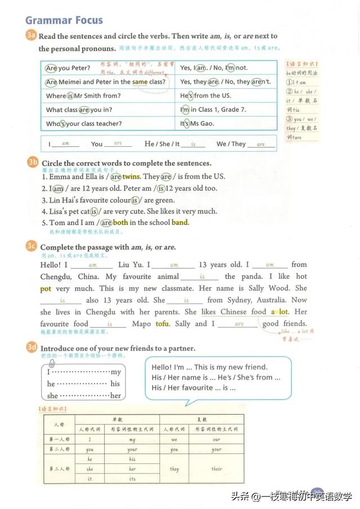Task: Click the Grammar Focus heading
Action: click(x=64, y=20)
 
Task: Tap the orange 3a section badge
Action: click(x=31, y=35)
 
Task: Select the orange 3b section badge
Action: click(x=33, y=163)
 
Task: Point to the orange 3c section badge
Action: click(x=32, y=246)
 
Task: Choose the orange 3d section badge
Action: click(x=32, y=348)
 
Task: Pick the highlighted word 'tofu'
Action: click(x=162, y=324)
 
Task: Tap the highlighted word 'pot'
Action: click(x=46, y=289)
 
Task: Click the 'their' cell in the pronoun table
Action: click(x=217, y=469)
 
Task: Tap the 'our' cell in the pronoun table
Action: click(x=217, y=440)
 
